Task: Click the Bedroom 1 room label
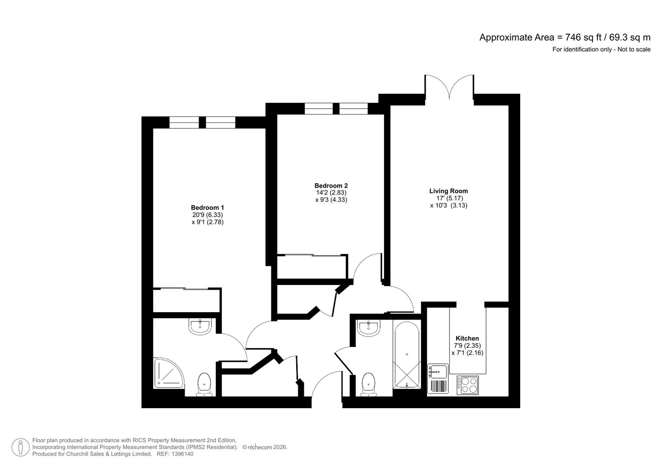(207, 208)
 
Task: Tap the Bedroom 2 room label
(331, 185)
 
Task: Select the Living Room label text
(448, 191)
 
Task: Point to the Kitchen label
(467, 338)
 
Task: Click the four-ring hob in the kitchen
(467, 385)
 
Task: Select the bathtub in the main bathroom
(407, 354)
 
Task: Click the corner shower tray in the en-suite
(168, 373)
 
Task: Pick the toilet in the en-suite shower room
(204, 384)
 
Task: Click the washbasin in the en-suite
(200, 326)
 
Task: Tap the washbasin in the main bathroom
(368, 327)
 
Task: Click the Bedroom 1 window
(202, 122)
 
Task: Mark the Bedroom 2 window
(336, 109)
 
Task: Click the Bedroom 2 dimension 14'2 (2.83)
(331, 193)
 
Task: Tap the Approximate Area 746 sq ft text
(564, 37)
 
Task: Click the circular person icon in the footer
(20, 447)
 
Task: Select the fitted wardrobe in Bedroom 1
(186, 300)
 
